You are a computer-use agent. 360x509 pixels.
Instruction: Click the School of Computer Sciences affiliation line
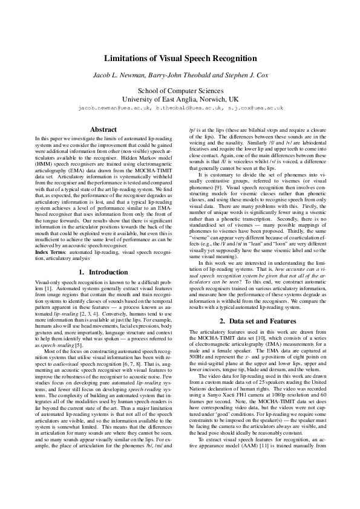(x=180, y=89)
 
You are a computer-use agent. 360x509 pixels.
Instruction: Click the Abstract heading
(x=103, y=129)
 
